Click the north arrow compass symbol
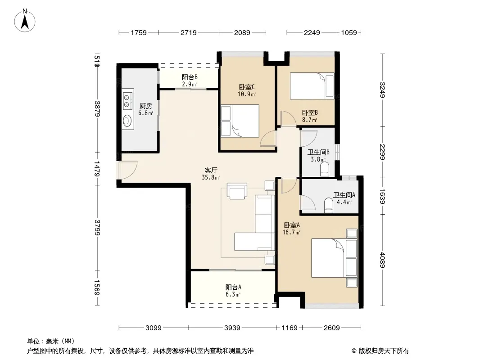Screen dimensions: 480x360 [x=25, y=20]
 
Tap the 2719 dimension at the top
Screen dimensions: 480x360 [x=188, y=32]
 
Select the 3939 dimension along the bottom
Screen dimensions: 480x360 [x=232, y=328]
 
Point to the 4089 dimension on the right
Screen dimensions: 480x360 [x=382, y=260]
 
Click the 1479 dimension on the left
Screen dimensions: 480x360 [x=97, y=169]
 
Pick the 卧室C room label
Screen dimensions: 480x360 [x=247, y=87]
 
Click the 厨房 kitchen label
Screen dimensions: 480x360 [x=146, y=106]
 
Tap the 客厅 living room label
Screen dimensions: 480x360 [x=211, y=170]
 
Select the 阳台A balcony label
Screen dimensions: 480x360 [x=233, y=287]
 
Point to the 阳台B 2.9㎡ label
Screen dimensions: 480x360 [x=190, y=81]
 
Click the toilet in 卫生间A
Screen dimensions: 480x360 [x=328, y=205]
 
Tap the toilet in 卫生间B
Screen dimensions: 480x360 [x=325, y=169]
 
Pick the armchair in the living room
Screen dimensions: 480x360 [x=237, y=191]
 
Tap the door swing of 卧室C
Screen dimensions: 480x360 [x=268, y=139]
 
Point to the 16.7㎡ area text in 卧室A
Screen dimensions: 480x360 [x=291, y=233]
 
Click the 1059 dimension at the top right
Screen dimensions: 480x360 [x=349, y=32]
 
